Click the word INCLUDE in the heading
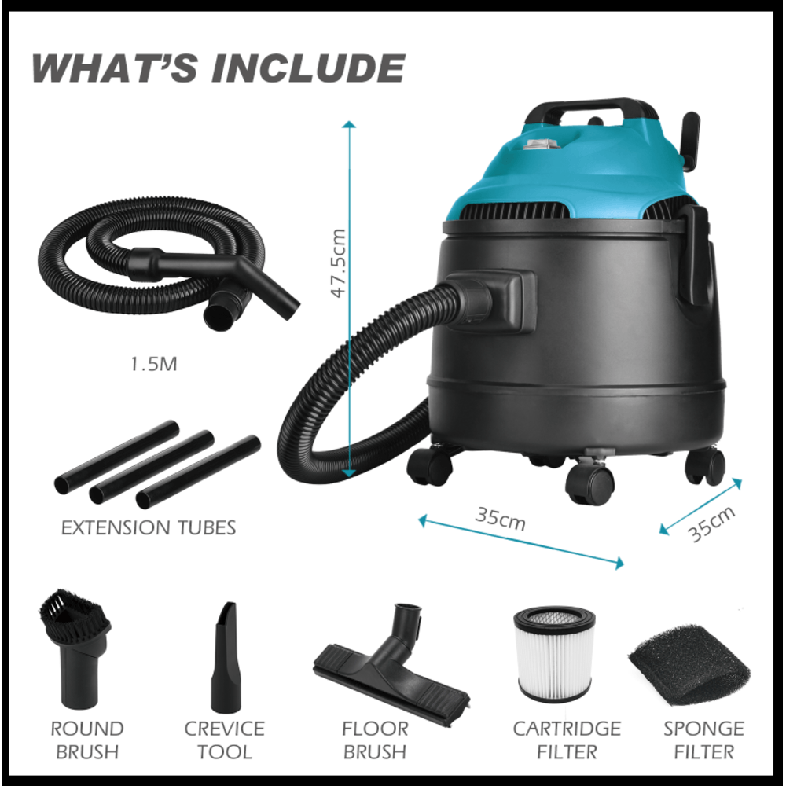click(x=308, y=68)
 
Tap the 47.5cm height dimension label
click(x=339, y=263)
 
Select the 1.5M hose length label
click(x=154, y=364)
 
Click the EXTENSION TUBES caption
click(x=149, y=527)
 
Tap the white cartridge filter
click(x=554, y=654)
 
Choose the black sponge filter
click(x=689, y=665)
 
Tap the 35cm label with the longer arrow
click(x=500, y=520)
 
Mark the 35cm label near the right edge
click(x=712, y=523)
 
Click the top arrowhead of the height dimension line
click(x=350, y=124)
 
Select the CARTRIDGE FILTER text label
click(x=567, y=740)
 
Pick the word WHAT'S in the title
click(x=115, y=68)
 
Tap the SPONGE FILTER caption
click(x=703, y=740)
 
